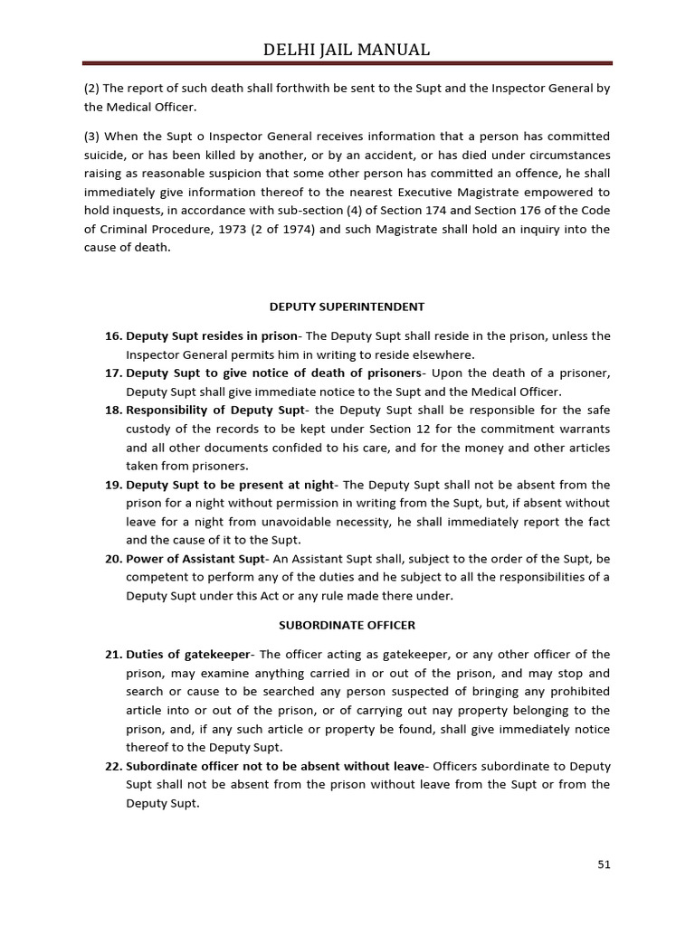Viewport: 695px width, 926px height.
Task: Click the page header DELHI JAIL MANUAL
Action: click(x=347, y=49)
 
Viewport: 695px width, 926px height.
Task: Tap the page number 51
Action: click(x=604, y=864)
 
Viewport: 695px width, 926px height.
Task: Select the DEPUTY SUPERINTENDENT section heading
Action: click(x=347, y=307)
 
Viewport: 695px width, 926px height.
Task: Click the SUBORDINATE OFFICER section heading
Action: click(x=347, y=625)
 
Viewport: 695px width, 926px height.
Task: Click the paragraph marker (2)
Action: click(x=91, y=89)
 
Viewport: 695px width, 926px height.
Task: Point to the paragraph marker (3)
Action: click(x=91, y=136)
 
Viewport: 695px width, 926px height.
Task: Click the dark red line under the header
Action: click(x=347, y=63)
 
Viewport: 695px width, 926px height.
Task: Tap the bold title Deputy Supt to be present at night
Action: click(x=230, y=485)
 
